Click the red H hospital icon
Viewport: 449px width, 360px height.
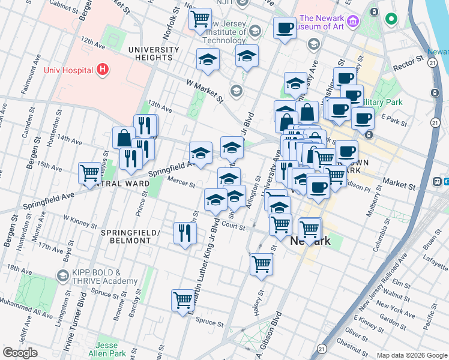pyautogui.click(x=103, y=70)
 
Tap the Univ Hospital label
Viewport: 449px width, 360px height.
pyautogui.click(x=69, y=70)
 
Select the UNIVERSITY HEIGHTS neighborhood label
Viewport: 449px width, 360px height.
pyautogui.click(x=154, y=53)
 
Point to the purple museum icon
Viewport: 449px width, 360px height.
pyautogui.click(x=352, y=22)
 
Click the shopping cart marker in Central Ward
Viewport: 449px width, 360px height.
pyautogui.click(x=89, y=173)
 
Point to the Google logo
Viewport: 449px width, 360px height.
pyautogui.click(x=20, y=353)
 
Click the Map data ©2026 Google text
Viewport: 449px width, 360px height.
pyautogui.click(x=411, y=355)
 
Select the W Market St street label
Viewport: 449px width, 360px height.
pyautogui.click(x=205, y=91)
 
